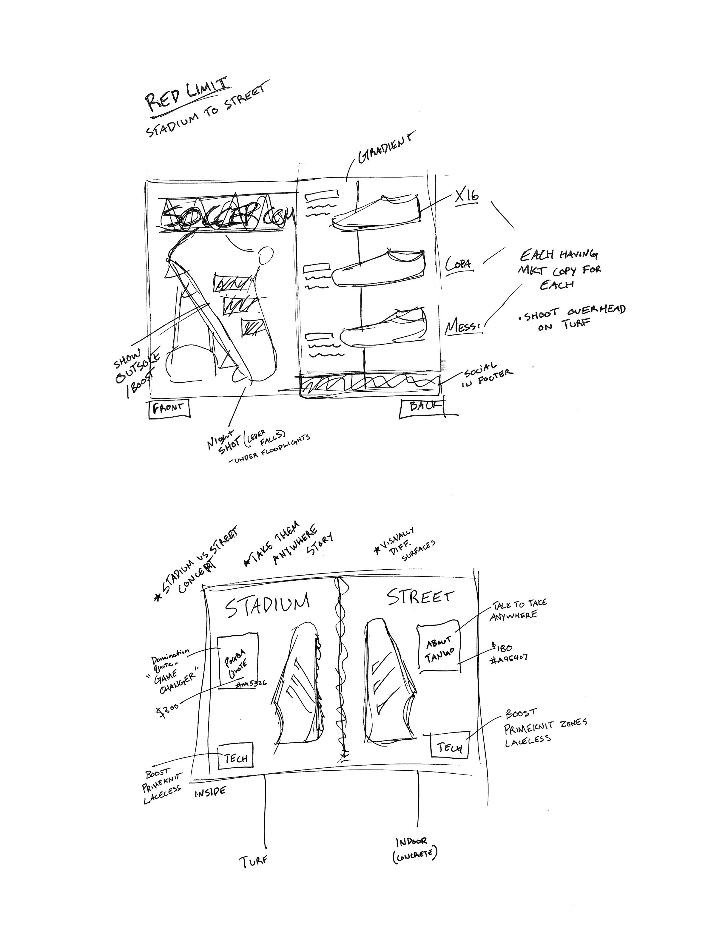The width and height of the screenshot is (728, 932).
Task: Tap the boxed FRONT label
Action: (169, 408)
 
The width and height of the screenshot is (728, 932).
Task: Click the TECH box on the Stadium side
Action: (236, 757)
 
